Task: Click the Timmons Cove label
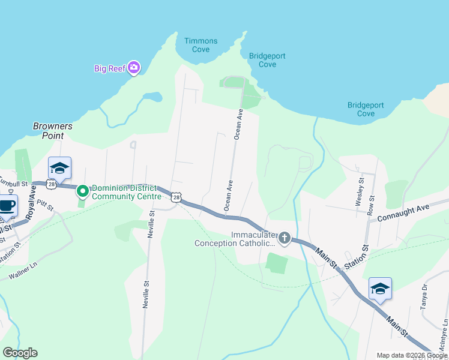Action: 200,45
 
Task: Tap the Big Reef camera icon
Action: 134,68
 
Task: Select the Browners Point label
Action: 53,131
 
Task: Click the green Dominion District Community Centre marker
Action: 83,191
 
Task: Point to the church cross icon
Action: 284,239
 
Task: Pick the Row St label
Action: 372,206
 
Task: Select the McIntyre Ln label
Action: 444,331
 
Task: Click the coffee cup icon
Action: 7,206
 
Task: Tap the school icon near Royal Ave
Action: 59,169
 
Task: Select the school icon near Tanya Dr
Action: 380,289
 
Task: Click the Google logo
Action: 20,353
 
